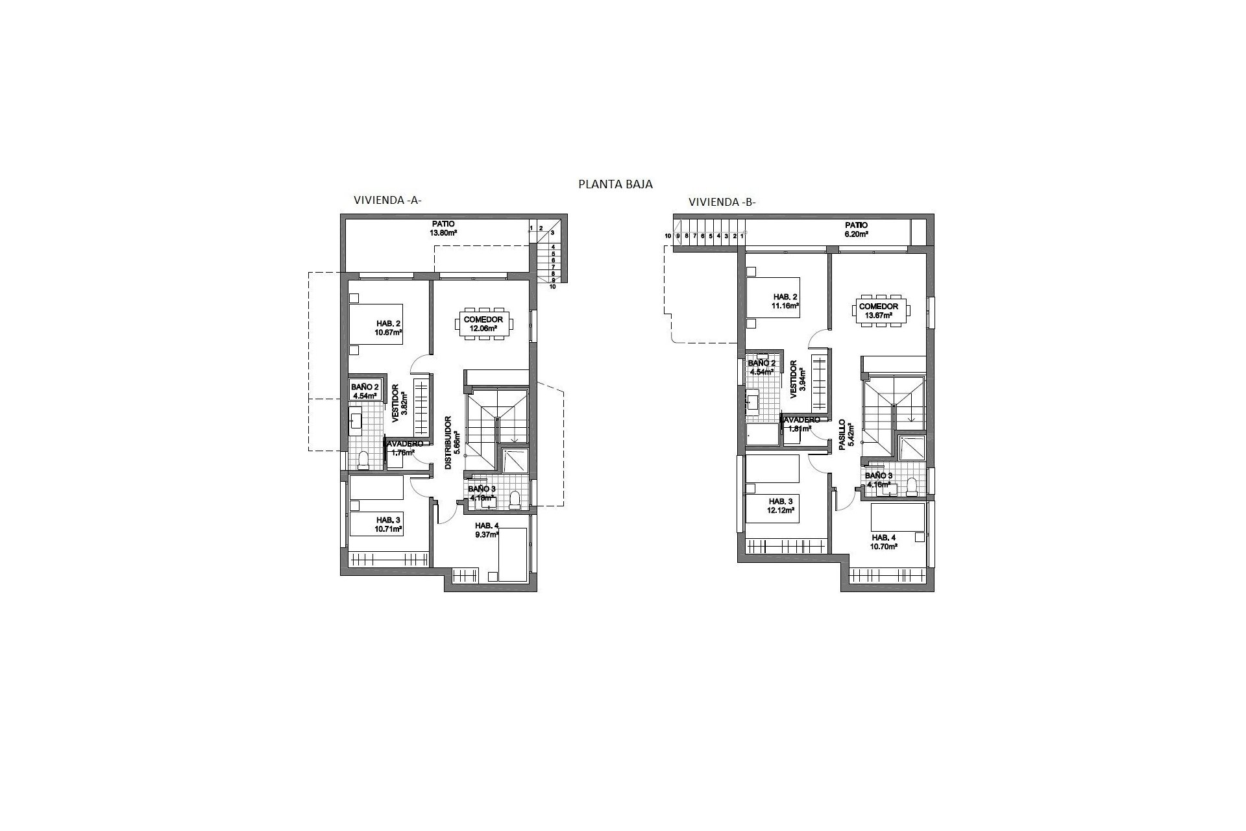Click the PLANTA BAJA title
pyautogui.click(x=615, y=184)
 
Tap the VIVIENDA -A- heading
pyautogui.click(x=387, y=201)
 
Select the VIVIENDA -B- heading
pyautogui.click(x=722, y=202)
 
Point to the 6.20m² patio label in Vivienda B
pyautogui.click(x=857, y=229)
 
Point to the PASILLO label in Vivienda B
pyautogui.click(x=841, y=435)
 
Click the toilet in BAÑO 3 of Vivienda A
pyautogui.click(x=515, y=499)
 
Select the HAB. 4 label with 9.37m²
pyautogui.click(x=487, y=530)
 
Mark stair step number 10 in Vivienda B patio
pyautogui.click(x=668, y=236)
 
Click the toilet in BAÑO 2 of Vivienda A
pyautogui.click(x=363, y=460)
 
